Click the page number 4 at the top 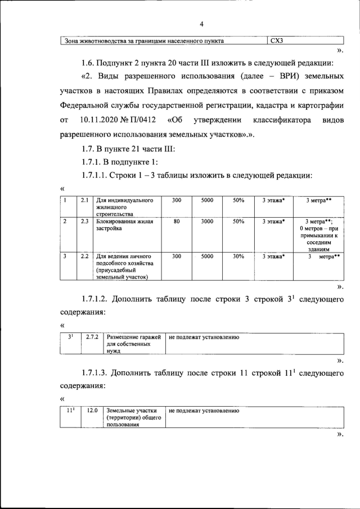point(201,24)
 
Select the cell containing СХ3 point(278,40)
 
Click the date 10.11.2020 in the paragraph point(101,120)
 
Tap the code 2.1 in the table point(84,200)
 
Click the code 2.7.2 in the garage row point(92,336)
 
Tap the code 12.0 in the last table point(92,411)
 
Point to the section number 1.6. point(88,62)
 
